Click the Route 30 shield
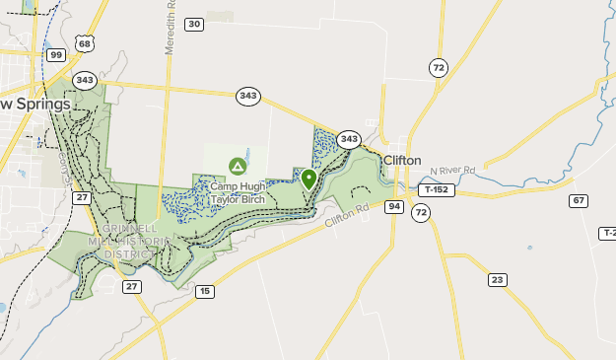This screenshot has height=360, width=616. pos(194,24)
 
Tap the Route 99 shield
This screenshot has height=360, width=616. pos(56,54)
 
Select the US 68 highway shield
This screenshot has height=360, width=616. pos(85,44)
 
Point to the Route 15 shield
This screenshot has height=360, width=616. pos(204,291)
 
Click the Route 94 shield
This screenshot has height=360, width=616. pos(394,206)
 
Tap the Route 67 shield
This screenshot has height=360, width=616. pos(579,200)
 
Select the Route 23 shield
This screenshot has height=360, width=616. pos(498,280)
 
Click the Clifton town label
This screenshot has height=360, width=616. pos(402,160)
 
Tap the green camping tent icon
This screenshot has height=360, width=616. pos(237,166)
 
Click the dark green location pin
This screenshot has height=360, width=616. pos(308,179)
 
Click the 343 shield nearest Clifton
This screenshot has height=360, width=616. pos(348,140)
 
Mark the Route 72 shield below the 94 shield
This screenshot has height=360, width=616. pos(422,212)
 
